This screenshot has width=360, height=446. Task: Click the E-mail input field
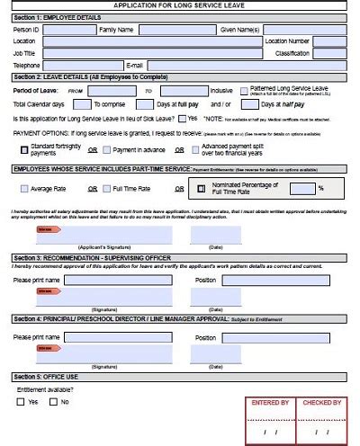coord(244,66)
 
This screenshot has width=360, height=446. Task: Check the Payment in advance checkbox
coord(105,148)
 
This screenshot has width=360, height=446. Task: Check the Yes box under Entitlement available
coord(21,402)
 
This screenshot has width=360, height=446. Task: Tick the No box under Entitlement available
coord(53,402)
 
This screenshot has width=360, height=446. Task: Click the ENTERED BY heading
coord(270,403)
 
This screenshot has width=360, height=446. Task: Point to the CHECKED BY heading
coord(321,403)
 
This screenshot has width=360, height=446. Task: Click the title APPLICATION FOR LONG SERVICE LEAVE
coord(180,5)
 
